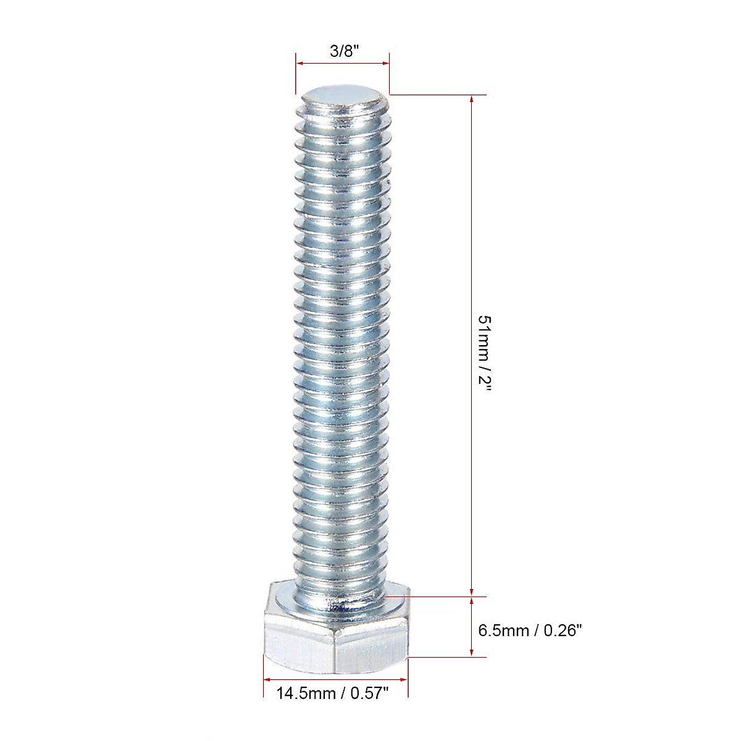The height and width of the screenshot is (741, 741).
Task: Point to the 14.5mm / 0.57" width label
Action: [332, 693]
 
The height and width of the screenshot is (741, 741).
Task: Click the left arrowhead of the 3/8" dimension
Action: [299, 62]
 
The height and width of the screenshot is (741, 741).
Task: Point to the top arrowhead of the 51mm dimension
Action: [472, 99]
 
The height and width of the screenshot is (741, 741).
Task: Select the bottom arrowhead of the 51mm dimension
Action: [472, 592]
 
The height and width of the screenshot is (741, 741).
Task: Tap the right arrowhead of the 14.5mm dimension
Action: [404, 680]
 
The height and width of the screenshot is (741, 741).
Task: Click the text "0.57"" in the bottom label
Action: [369, 693]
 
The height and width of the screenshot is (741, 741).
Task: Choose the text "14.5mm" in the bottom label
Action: [306, 693]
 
